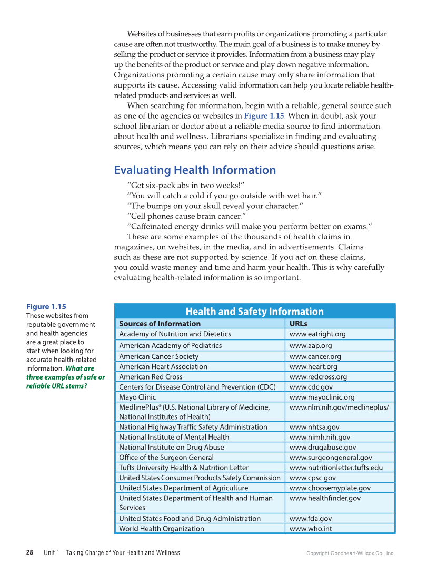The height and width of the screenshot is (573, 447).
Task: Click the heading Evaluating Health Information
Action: pyautogui.click(x=195, y=170)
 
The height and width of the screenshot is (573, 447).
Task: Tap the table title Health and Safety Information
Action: pyautogui.click(x=254, y=312)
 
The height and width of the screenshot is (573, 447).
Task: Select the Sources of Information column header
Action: pyautogui.click(x=160, y=324)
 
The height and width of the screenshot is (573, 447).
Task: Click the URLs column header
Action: pyautogui.click(x=298, y=324)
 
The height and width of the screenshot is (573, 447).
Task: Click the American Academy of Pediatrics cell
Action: pyautogui.click(x=170, y=346)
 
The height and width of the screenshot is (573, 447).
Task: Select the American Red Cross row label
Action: pyautogui.click(x=151, y=377)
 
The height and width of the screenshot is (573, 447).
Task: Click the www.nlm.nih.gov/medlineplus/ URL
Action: pyautogui.click(x=339, y=407)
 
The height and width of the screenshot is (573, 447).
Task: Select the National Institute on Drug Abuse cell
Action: pyautogui.click(x=171, y=448)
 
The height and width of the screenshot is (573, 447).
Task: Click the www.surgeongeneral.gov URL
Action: pyautogui.click(x=331, y=458)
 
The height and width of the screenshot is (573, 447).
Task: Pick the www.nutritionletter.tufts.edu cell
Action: pyautogui.click(x=336, y=468)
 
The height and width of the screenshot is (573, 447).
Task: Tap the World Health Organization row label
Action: pyautogui.click(x=161, y=529)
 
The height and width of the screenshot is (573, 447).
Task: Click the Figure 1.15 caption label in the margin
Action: pyautogui.click(x=46, y=307)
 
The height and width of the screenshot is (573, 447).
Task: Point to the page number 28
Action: pyautogui.click(x=30, y=553)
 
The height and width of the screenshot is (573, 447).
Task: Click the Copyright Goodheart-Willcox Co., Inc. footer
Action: pyautogui.click(x=350, y=553)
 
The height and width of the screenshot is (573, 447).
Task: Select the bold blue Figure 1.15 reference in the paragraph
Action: pyautogui.click(x=264, y=116)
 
